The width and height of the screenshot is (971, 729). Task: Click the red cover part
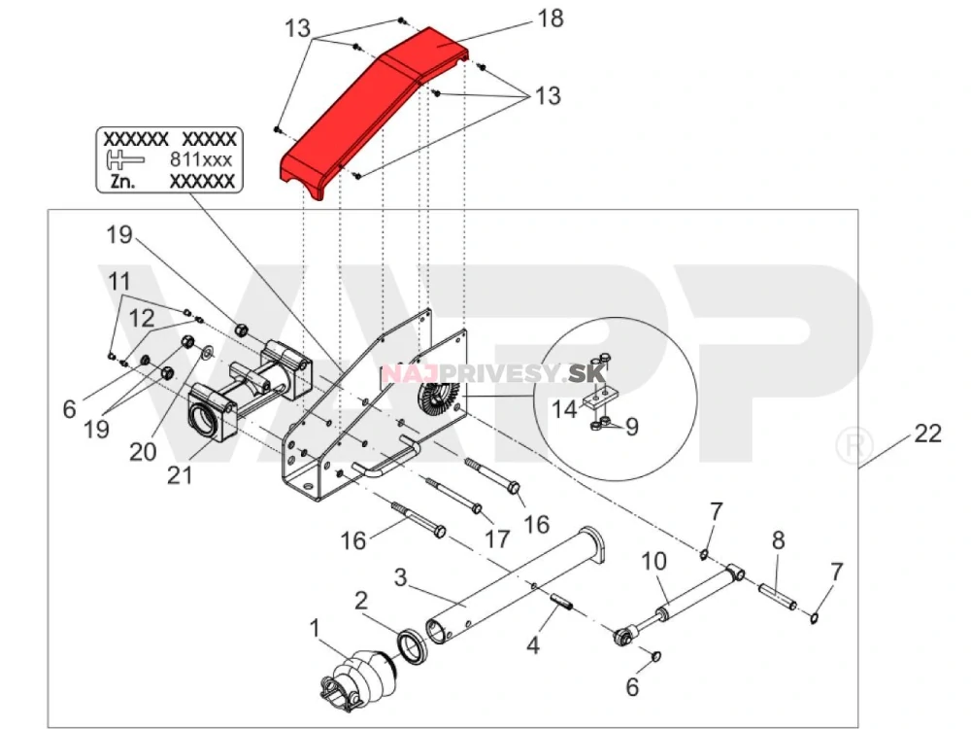(379, 107)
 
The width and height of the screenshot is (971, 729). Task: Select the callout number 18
(550, 19)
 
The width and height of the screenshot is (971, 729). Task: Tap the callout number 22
(928, 434)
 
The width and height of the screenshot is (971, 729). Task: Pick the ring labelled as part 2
(415, 647)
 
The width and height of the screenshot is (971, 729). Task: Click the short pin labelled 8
(779, 592)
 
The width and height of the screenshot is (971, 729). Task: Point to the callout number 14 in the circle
(563, 409)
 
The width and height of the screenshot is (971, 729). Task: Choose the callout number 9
(631, 426)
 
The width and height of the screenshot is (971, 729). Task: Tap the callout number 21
(181, 476)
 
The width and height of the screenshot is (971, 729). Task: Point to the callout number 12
(143, 317)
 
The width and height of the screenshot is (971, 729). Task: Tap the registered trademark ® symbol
(851, 445)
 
